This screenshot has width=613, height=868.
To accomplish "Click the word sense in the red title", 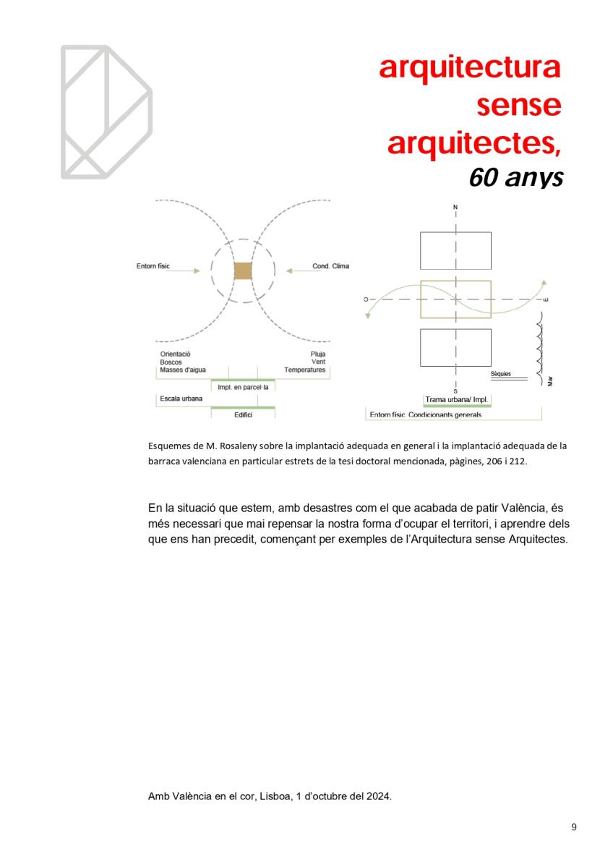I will coord(518,106).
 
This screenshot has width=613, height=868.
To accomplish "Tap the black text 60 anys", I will coord(515,176).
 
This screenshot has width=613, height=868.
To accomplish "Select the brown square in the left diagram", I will coord(243,271).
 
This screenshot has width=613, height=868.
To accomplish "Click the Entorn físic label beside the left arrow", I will coord(153,266).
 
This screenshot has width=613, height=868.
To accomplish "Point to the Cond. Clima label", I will coord(330,266).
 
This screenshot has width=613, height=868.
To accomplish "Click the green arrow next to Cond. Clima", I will coord(297,271).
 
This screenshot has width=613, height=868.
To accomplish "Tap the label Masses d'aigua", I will coord(183,370).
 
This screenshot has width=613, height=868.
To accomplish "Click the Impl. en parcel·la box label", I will coord(243,387).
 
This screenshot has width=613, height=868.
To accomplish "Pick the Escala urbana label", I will coord(181,399).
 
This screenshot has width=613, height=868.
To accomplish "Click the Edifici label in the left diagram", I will coord(243,414).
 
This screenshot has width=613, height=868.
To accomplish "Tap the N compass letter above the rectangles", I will coord(455,208).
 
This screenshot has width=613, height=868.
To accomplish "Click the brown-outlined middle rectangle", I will coord(455,299).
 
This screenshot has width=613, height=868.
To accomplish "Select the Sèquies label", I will coord(500,374).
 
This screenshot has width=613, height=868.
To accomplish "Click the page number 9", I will coord(574,827).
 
